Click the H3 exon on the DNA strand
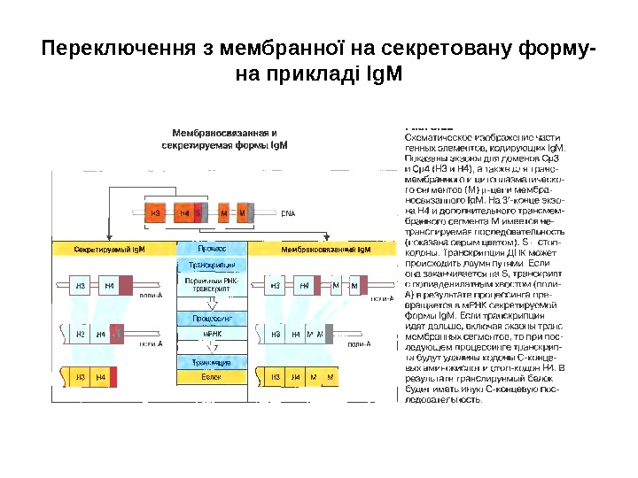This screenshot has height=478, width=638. (156, 213)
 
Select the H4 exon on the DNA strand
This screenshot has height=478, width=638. (184, 213)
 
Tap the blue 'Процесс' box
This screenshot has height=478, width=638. (212, 250)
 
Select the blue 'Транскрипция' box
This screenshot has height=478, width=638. (212, 266)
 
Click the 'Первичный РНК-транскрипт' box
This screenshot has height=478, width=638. (212, 285)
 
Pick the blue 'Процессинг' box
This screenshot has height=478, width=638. (212, 317)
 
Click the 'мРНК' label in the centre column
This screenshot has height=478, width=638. (212, 335)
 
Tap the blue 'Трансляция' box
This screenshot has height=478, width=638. (212, 361)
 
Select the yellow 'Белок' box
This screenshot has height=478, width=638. (212, 377)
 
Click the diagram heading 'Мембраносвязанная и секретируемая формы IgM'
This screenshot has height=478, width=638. (229, 137)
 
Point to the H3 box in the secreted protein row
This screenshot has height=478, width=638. (79, 378)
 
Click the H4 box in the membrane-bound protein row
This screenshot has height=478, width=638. (296, 378)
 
